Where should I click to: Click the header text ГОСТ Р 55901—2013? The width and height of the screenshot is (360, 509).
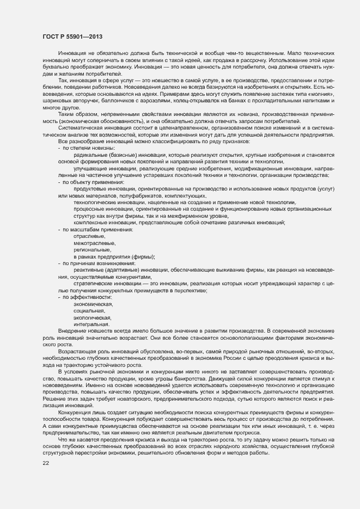72,36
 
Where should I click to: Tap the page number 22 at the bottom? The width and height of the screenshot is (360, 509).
46,463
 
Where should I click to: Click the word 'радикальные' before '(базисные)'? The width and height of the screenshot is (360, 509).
90,155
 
